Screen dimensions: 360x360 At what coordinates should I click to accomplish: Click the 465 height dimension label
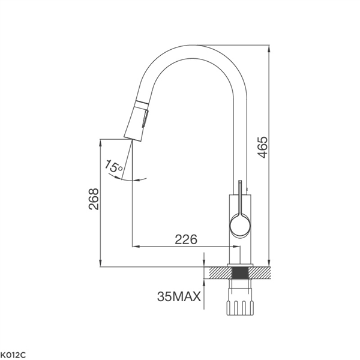262,148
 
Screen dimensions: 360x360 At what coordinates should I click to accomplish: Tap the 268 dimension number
94,199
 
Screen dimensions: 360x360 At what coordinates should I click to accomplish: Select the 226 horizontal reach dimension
186,239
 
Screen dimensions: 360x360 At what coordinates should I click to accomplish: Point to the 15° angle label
113,166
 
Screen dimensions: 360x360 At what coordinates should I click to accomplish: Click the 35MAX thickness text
179,296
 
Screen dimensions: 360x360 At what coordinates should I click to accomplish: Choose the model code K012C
13,355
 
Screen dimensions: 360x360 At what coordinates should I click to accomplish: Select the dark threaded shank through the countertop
240,273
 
